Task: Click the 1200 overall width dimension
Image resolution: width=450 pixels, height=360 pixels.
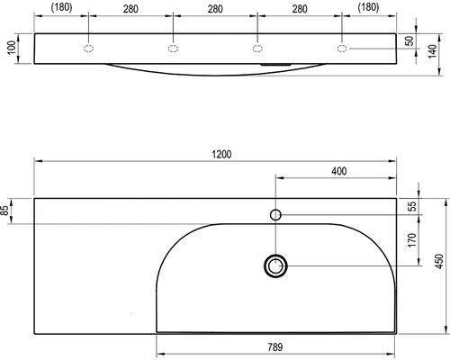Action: pos(221,155)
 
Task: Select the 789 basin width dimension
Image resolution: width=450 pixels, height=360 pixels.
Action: pos(275,347)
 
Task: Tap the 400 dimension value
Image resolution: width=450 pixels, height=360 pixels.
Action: pos(339,171)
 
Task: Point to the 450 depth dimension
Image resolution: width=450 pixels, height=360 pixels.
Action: pos(439,261)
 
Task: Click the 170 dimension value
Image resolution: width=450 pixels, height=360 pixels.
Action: pos(412,239)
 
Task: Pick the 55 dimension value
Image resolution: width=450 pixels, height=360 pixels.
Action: pos(413,206)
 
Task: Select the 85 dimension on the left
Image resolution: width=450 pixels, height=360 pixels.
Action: pos(4,211)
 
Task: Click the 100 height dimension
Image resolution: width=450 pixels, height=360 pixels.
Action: pos(12,48)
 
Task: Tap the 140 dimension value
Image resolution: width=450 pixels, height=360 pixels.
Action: pos(432,51)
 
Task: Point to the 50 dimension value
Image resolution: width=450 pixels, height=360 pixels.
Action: pos(410,40)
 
